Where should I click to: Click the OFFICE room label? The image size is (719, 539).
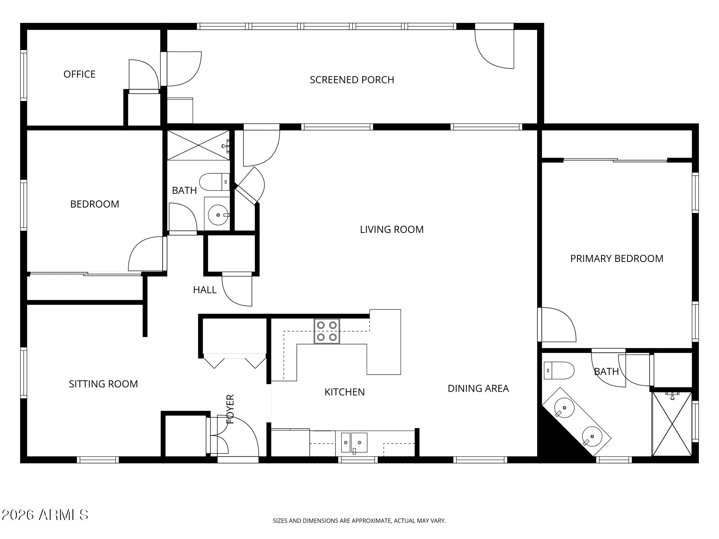pyautogui.click(x=80, y=75)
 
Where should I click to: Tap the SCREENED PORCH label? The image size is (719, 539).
pyautogui.click(x=352, y=80)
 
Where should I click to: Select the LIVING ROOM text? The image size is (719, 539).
pyautogui.click(x=392, y=229)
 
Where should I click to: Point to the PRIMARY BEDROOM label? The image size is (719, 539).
pyautogui.click(x=617, y=259)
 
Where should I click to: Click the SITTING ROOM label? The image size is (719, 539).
pyautogui.click(x=103, y=384)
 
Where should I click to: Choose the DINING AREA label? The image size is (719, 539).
pyautogui.click(x=478, y=388)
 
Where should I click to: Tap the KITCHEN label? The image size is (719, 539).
pyautogui.click(x=345, y=392)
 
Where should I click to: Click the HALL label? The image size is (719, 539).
pyautogui.click(x=205, y=290)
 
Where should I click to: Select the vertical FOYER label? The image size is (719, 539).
pyautogui.click(x=230, y=409)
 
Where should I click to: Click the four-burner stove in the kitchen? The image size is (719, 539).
pyautogui.click(x=327, y=331)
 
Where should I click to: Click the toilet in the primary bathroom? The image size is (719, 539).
pyautogui.click(x=559, y=371)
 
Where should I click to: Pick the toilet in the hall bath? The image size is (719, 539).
pyautogui.click(x=214, y=182)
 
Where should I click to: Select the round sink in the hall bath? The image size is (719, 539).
pyautogui.click(x=218, y=215)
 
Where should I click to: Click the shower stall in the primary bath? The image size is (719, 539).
pyautogui.click(x=672, y=424)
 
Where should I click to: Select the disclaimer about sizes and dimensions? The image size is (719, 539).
pyautogui.click(x=359, y=521)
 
